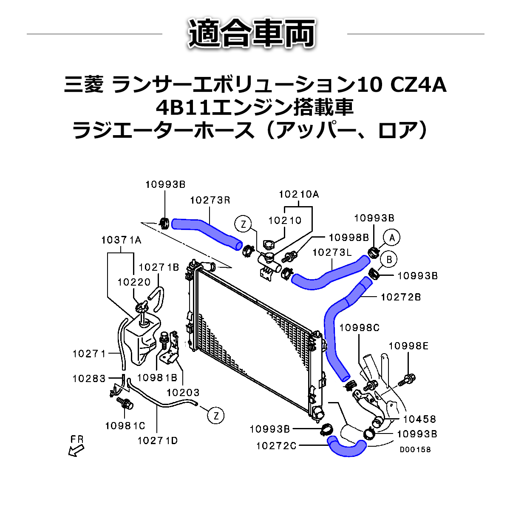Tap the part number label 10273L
pyautogui.click(x=332, y=253)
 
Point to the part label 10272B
pyautogui.click(x=401, y=297)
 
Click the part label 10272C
pyautogui.click(x=276, y=446)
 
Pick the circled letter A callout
pyautogui.click(x=392, y=238)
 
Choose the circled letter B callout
pyautogui.click(x=388, y=259)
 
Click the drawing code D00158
pyautogui.click(x=415, y=449)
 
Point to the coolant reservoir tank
pyautogui.click(x=142, y=340)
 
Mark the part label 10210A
pyautogui.click(x=299, y=194)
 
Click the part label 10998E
pyautogui.click(x=408, y=346)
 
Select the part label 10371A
pyautogui.click(x=121, y=240)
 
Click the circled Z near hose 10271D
pyautogui.click(x=216, y=415)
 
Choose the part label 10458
pyautogui.click(x=419, y=419)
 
